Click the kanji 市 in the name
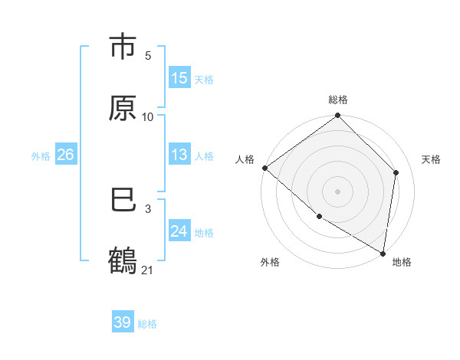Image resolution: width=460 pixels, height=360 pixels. (x=123, y=47)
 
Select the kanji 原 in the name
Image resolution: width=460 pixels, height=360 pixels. (x=123, y=108)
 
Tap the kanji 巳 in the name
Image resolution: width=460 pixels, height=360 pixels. (x=123, y=201)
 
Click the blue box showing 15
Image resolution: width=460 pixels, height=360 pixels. (x=179, y=78)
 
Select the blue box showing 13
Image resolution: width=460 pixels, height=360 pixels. (x=179, y=155)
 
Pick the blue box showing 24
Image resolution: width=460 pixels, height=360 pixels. (x=179, y=231)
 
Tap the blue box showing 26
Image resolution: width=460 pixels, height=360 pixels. (x=65, y=155)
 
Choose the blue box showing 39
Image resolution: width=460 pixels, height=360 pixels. (x=123, y=322)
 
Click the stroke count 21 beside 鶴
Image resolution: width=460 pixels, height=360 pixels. (x=148, y=270)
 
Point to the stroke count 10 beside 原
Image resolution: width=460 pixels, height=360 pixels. (x=148, y=116)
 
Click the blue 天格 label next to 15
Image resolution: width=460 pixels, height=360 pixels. (x=204, y=79)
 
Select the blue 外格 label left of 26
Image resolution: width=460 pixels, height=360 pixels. (x=41, y=155)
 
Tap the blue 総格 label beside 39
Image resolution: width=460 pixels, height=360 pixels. (x=147, y=324)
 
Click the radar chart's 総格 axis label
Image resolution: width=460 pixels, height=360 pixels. (x=338, y=100)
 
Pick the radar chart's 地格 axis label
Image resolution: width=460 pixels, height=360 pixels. (x=402, y=262)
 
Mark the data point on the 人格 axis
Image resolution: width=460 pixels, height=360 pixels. (x=264, y=168)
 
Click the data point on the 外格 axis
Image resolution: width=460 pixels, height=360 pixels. (x=319, y=217)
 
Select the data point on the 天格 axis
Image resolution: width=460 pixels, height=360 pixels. (x=396, y=172)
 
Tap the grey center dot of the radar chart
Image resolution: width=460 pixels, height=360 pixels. (x=338, y=191)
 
